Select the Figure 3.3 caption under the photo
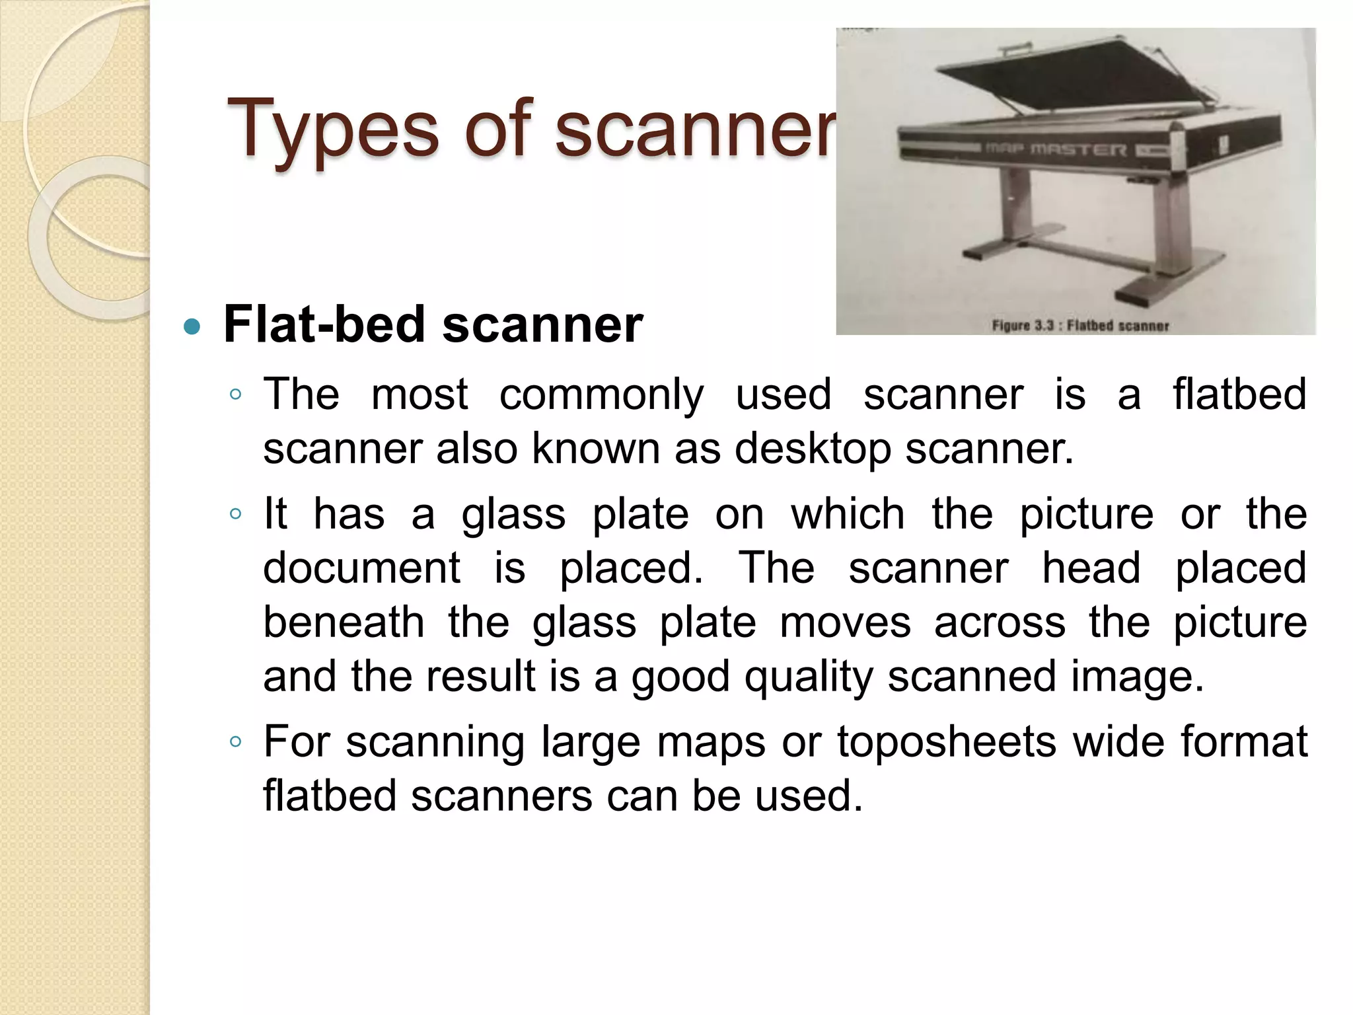click(1080, 325)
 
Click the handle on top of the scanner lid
click(1014, 49)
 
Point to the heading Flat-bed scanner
click(433, 324)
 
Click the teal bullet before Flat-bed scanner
click(192, 326)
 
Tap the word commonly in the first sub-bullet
click(601, 395)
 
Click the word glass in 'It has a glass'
click(513, 513)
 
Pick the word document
click(361, 568)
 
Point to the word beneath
click(344, 622)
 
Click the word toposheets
click(947, 741)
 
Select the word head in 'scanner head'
click(1091, 568)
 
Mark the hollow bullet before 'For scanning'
click(235, 741)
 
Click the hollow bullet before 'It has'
click(235, 513)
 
